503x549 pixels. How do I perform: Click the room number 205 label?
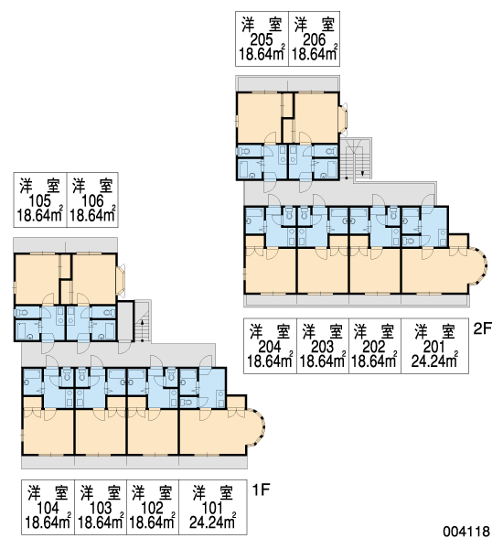pos(262,40)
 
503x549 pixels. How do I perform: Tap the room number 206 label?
pos(314,40)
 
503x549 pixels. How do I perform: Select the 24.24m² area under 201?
pos(434,361)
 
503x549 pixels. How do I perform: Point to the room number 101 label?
pos(212,508)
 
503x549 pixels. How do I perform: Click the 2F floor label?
pos(482,328)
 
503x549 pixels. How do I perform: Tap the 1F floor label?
pos(262,490)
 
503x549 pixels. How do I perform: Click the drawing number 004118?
pos(466,532)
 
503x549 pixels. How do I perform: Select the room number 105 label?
pos(39,201)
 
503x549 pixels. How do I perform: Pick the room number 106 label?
pos(92,201)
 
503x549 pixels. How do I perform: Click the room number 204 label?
pos(270,347)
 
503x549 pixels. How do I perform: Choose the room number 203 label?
pos(322,347)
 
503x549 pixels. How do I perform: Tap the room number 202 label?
pos(374,347)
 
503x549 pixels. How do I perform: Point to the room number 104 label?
pos(48,508)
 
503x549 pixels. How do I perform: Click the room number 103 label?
pos(100,508)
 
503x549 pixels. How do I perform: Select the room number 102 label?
pos(152,508)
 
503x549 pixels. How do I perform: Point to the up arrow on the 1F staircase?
pos(142,324)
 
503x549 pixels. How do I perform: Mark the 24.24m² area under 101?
pos(212,522)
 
